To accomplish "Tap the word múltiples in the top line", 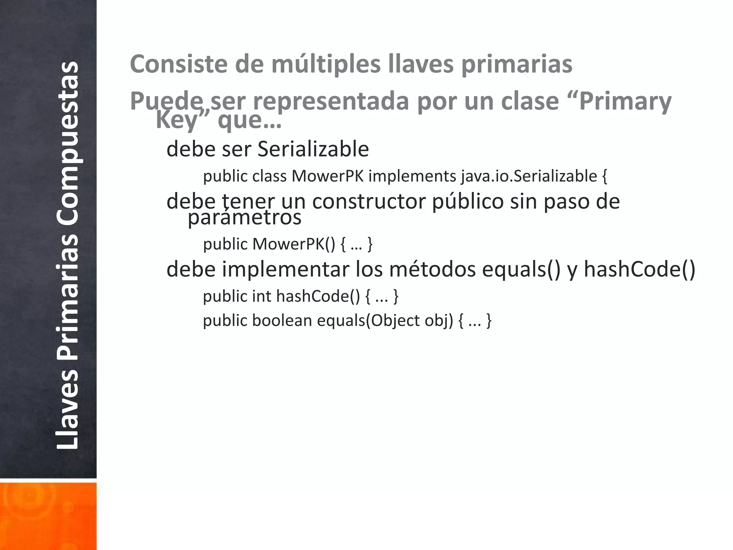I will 326,64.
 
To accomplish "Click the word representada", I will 331,101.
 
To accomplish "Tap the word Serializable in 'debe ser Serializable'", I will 313,149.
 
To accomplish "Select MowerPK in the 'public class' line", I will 327,176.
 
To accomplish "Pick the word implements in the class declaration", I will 412,176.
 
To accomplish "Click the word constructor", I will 369,201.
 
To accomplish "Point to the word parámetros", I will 244,217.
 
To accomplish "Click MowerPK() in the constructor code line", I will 294,244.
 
